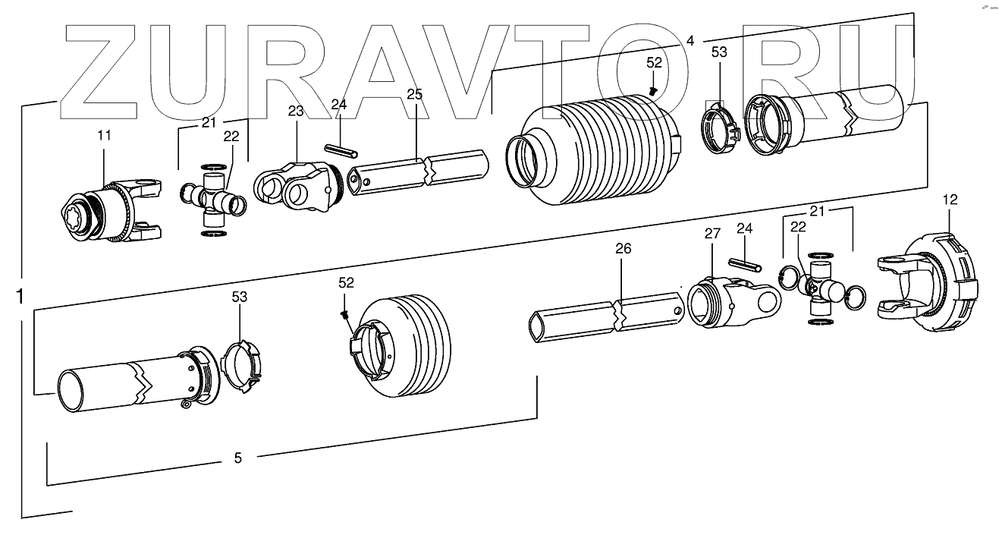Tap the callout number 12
(x=950, y=200)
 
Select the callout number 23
(x=295, y=111)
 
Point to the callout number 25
(x=414, y=95)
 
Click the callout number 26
(x=623, y=249)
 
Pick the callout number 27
(x=711, y=234)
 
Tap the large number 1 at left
(x=19, y=297)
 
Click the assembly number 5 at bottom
(x=237, y=458)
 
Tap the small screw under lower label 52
(x=345, y=313)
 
